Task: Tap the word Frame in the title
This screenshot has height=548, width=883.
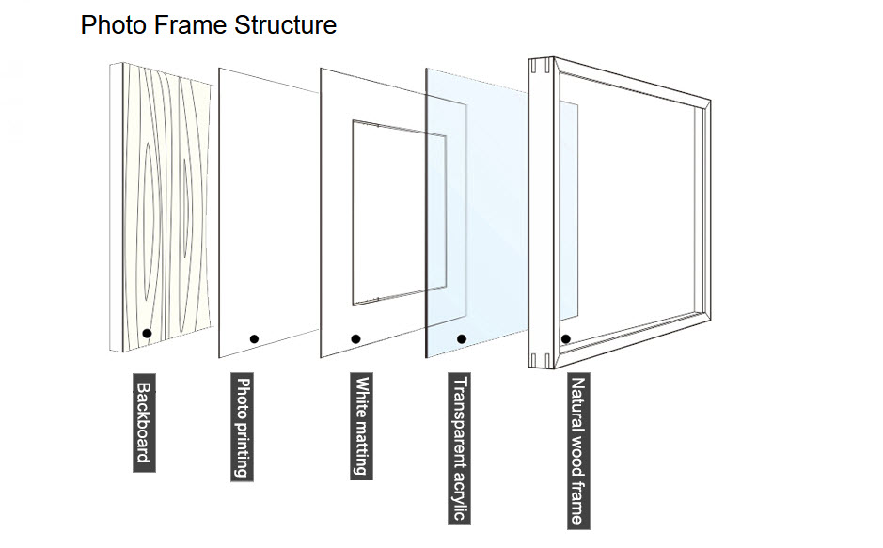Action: (183, 25)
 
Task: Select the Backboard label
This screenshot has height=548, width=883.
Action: (144, 422)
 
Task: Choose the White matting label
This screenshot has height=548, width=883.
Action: (360, 427)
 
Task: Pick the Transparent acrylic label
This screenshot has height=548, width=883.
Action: (459, 448)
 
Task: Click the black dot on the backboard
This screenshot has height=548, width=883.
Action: (147, 334)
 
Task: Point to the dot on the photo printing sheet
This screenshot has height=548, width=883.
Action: (254, 338)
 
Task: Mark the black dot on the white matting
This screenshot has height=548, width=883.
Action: (355, 338)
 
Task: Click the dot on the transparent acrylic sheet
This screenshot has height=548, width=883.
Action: (461, 338)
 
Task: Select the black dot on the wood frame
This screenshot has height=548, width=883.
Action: (566, 338)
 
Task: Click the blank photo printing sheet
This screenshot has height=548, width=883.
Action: (268, 207)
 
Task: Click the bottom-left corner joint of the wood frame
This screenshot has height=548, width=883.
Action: (540, 359)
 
